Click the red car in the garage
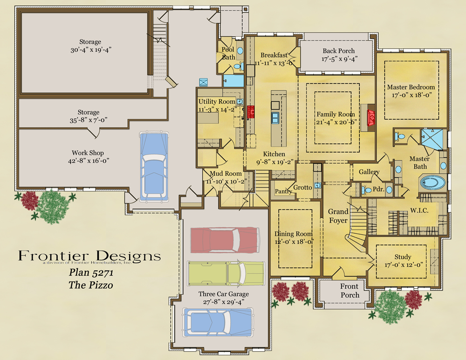(225, 240)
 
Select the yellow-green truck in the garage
(226, 273)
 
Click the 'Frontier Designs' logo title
(89, 256)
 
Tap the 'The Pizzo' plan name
(91, 285)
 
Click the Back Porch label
(338, 51)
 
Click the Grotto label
(302, 187)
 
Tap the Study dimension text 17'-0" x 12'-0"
(403, 265)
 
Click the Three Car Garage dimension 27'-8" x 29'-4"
(223, 302)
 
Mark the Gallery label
(369, 172)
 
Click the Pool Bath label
(228, 53)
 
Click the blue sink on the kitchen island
(275, 117)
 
